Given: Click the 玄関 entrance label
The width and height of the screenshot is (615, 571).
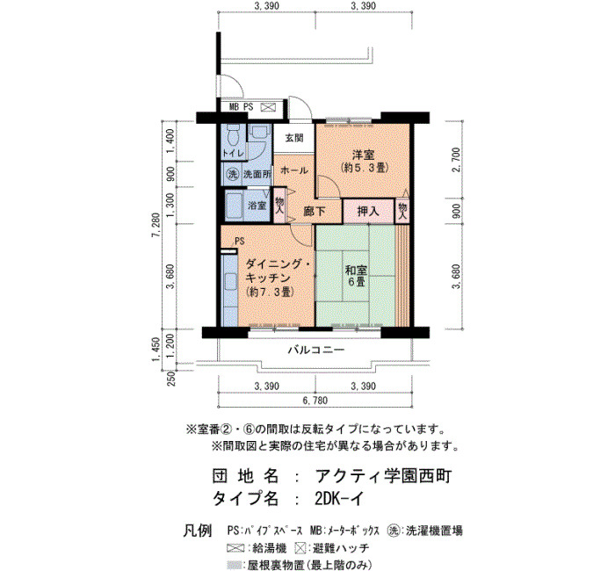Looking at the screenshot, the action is [294, 138].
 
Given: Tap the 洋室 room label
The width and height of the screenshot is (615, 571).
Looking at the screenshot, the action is [363, 155].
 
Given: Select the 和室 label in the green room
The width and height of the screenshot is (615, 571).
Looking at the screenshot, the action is [356, 271].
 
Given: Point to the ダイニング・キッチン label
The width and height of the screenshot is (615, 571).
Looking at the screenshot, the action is [279, 264].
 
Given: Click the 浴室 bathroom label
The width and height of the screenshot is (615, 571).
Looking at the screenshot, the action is [257, 205].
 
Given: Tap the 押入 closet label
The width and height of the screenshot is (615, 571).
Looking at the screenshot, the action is [368, 212].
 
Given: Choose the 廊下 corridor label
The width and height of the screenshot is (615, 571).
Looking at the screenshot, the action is [315, 212].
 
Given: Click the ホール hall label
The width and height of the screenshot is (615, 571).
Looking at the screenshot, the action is [294, 170].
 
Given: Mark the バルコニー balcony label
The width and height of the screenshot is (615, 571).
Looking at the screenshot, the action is [316, 350].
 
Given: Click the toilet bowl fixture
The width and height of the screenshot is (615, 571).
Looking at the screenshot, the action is [235, 135].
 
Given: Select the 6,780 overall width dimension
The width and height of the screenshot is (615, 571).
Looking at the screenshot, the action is [315, 401].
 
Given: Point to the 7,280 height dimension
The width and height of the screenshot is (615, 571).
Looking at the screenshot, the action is [157, 225].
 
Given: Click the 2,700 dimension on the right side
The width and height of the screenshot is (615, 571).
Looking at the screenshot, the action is [456, 160].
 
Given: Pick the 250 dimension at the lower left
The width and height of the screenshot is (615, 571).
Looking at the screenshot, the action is [171, 379].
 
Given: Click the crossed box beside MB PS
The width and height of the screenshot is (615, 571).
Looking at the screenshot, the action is [268, 107].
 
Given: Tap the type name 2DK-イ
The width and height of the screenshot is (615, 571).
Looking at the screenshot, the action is [339, 499].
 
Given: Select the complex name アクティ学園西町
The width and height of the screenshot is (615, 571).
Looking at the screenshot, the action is [384, 476].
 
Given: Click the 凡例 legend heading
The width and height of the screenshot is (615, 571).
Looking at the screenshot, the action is [198, 531].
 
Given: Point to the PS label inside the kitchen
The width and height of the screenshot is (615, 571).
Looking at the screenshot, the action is [239, 241].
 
